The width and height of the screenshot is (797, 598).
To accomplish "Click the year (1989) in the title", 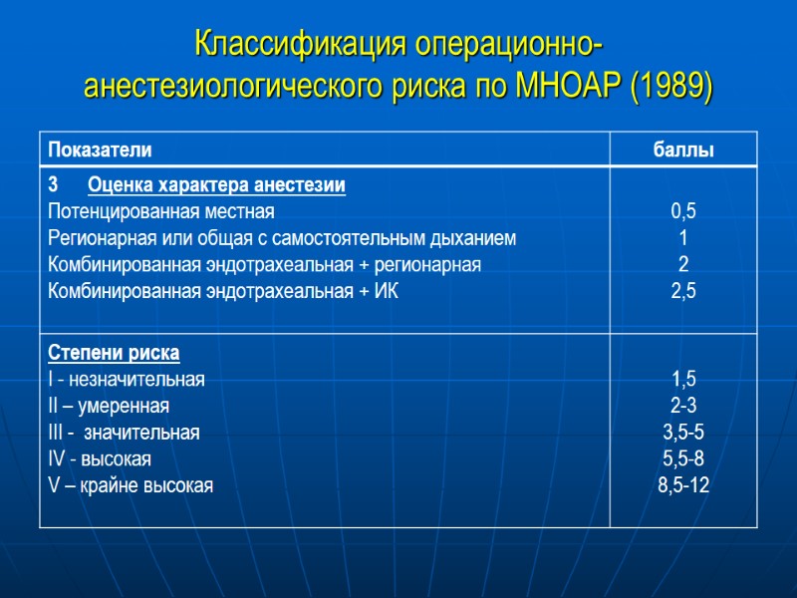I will click(672, 87).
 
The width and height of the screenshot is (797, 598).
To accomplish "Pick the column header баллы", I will click(683, 150).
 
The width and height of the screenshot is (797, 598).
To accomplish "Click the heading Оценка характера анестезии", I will click(217, 185).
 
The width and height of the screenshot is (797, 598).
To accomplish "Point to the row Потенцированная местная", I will click(160, 211).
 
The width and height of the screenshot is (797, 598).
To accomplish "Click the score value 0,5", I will click(683, 211).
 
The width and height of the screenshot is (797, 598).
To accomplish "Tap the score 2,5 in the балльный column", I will click(683, 291).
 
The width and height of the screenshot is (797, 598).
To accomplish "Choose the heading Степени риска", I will click(114, 353).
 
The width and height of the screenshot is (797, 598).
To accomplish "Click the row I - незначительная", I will click(126, 379).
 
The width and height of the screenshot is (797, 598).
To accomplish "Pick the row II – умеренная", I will click(109, 406).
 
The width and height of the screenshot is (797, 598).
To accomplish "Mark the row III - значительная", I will click(124, 433).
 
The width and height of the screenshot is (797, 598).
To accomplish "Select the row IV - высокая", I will click(100, 459).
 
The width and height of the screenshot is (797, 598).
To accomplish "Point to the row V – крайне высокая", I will click(130, 485).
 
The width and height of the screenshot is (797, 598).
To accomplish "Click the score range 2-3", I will click(683, 406).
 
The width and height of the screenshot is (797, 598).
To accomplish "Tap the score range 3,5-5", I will click(683, 433).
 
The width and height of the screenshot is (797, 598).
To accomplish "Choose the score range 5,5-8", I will click(683, 459).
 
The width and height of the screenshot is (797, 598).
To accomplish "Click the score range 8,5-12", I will click(683, 485).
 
